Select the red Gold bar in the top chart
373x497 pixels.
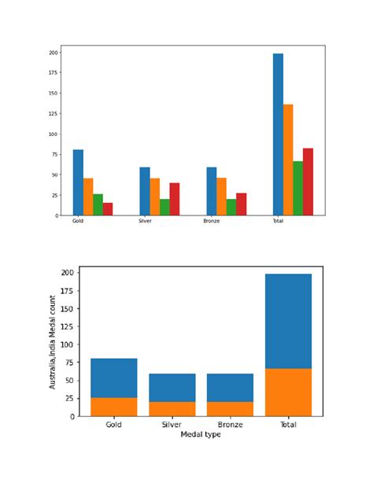click(x=108, y=209)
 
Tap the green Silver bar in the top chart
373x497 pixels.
click(x=164, y=207)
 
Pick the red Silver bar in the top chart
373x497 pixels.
click(x=175, y=199)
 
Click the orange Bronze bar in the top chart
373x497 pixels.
click(x=221, y=197)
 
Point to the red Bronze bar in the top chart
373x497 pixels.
click(x=241, y=204)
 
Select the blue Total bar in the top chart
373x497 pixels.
click(x=278, y=134)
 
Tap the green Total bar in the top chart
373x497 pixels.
click(x=298, y=188)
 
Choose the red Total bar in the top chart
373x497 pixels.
click(x=308, y=182)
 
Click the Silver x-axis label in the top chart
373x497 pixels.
click(x=145, y=222)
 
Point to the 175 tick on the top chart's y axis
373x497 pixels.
click(x=54, y=72)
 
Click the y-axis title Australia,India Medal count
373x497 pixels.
click(x=53, y=342)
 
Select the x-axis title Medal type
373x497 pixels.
click(x=201, y=434)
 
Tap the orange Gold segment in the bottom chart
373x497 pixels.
click(x=114, y=407)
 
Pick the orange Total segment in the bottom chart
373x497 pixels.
click(x=289, y=392)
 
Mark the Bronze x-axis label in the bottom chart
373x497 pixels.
click(x=230, y=425)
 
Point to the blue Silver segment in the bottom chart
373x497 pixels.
click(x=172, y=388)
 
